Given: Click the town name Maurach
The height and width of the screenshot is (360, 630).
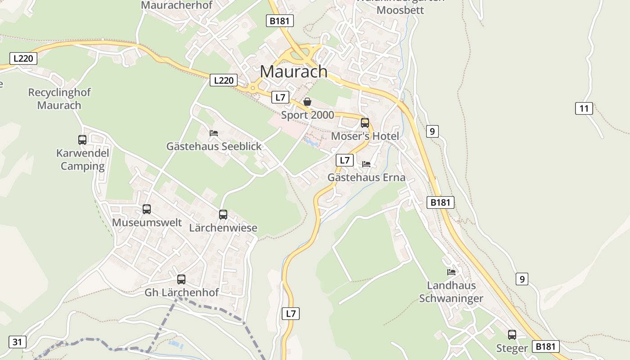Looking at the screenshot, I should pos(294,72).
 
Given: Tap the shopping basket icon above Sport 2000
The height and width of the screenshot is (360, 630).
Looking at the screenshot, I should pos(307,102).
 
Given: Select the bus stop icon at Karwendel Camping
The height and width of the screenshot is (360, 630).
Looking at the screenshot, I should pos(82,140).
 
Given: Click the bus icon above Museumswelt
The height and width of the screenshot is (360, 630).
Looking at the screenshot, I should pos(147,209).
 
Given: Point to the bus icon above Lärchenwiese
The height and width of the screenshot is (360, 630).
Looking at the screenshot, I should pos(223,215).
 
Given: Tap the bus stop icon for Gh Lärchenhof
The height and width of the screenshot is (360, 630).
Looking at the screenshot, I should pos(181,279).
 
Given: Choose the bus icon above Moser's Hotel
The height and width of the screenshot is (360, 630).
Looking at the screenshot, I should pos(365,123).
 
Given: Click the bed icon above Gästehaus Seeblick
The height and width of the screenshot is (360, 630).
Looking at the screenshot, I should pos(214,133).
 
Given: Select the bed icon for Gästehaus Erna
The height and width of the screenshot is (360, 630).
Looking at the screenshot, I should pos(366,164).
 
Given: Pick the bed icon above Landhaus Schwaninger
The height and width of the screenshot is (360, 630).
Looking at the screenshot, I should pos(451,272).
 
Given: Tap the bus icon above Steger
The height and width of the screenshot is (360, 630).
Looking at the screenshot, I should pos(512,335).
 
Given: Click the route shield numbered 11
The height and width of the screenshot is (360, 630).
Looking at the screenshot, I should pos(584,108).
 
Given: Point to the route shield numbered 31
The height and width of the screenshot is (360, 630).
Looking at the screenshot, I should pos(17,342).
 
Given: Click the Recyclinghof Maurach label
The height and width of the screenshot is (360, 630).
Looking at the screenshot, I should pos(59,99).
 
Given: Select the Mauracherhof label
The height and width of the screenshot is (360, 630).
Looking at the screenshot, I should pos(176,5).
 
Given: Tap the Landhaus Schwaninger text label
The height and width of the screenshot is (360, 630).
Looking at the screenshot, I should pos(451,292).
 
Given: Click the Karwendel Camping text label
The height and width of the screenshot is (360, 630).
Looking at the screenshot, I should pos(83,160).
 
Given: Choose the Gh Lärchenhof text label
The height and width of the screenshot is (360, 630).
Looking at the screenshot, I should pos(181,292).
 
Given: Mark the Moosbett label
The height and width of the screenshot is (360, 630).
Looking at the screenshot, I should pos(400,10).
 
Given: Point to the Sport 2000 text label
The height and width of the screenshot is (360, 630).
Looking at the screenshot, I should pos(307,115).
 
